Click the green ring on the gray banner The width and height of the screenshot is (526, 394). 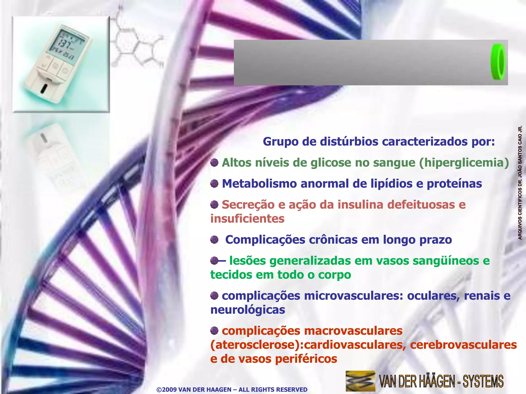(498, 62)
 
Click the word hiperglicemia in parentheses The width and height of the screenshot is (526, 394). (464, 163)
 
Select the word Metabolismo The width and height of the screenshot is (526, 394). (259, 184)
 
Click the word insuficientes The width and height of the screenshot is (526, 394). (247, 219)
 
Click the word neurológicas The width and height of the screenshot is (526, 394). (248, 310)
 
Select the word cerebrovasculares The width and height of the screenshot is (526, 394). (463, 345)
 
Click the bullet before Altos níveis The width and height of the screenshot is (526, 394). (214, 163)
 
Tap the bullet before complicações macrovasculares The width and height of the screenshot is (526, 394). (214, 331)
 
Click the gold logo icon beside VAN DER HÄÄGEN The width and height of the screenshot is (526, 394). (360, 381)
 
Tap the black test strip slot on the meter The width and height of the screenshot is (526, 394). (44, 89)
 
